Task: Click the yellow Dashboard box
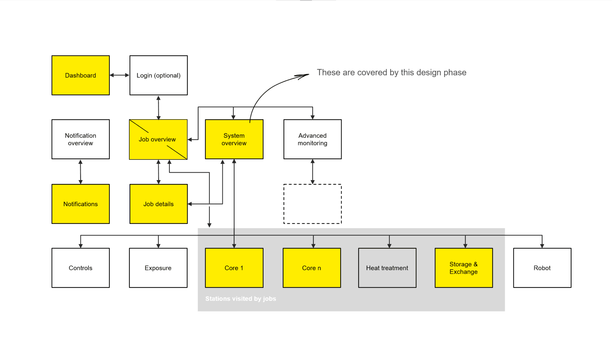tap(81, 75)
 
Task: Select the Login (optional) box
tap(159, 75)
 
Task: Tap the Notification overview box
tap(81, 139)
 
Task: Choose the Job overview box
tap(158, 139)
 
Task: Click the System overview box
tap(234, 139)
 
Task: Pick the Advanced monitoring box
tap(312, 139)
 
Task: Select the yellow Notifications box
tap(81, 204)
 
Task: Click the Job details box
tap(159, 204)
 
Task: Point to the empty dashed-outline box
tap(312, 204)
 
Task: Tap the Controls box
tap(81, 268)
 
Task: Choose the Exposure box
tap(158, 268)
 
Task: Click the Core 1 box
tap(234, 268)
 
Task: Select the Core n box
tap(312, 268)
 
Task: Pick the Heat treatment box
tap(387, 268)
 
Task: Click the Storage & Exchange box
tap(464, 268)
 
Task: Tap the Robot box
tap(542, 268)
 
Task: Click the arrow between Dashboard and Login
tap(120, 75)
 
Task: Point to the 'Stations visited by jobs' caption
tap(241, 299)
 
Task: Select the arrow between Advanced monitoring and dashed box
tap(313, 172)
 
